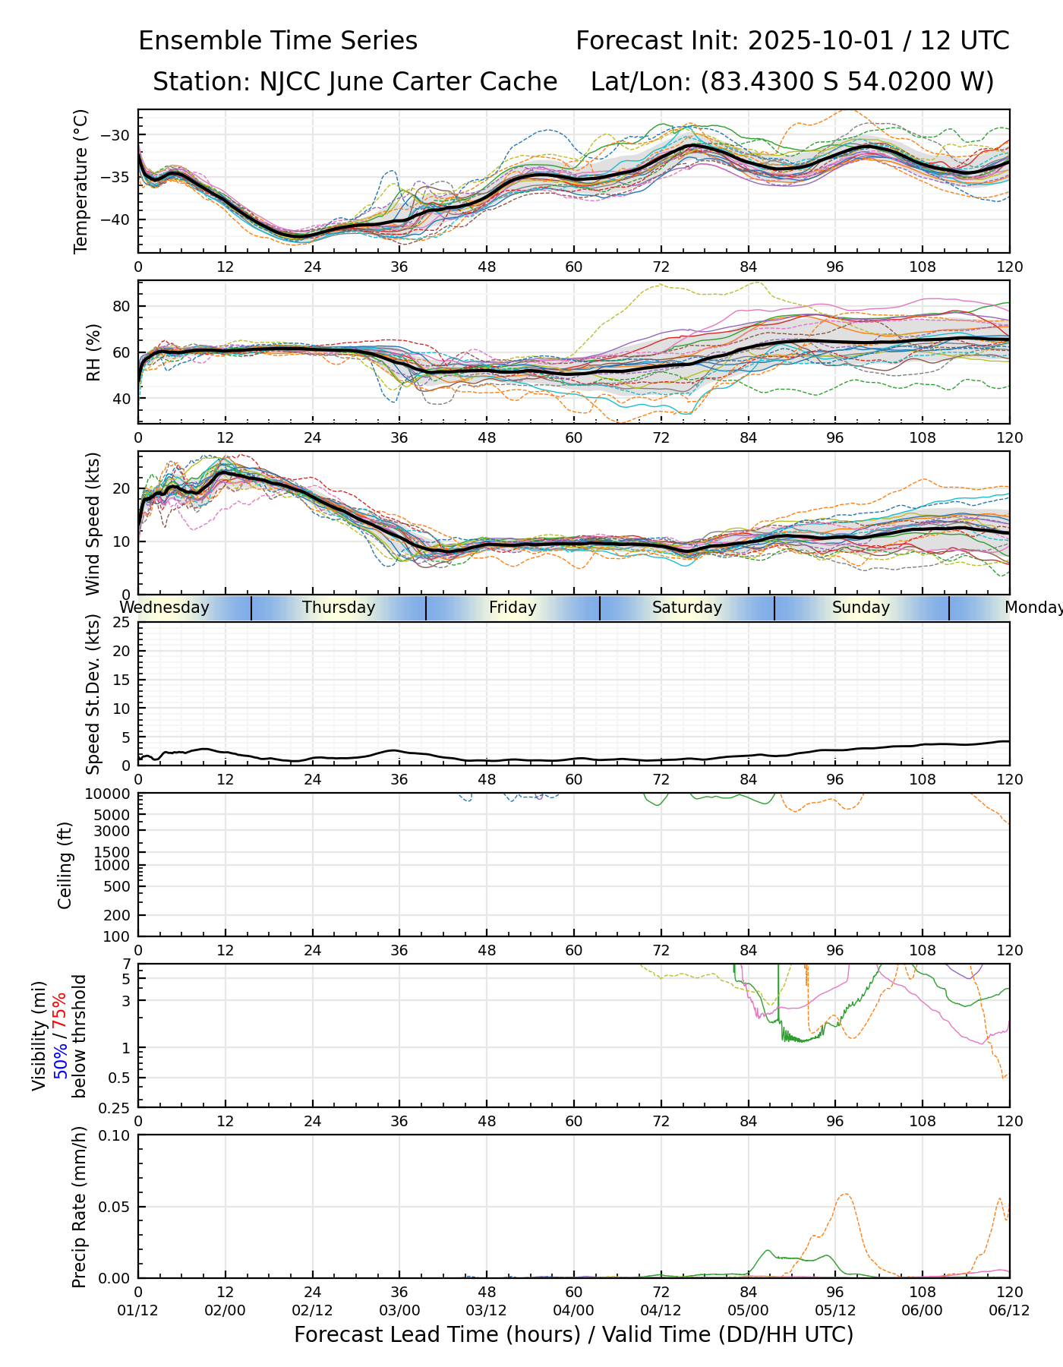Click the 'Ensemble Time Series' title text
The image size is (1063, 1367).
(x=278, y=41)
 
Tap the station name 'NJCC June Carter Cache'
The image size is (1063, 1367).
(x=408, y=81)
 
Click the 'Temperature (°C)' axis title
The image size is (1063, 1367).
(x=81, y=181)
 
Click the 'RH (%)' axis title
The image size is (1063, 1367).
(x=93, y=352)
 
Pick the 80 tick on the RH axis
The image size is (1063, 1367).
(x=122, y=306)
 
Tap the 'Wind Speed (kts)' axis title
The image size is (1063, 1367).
(x=93, y=523)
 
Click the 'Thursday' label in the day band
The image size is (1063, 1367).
(x=339, y=608)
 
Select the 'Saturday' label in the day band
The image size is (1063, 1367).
(x=687, y=608)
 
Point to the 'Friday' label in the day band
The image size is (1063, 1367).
(x=513, y=608)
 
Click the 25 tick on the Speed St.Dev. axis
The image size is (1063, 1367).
(x=121, y=623)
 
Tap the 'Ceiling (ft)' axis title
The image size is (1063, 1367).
(x=65, y=865)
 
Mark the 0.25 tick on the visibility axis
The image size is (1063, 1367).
(x=116, y=1107)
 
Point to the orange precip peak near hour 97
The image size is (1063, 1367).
(x=845, y=1195)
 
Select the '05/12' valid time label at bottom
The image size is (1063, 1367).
(x=835, y=1311)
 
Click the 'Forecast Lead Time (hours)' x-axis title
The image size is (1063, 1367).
(x=436, y=1334)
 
